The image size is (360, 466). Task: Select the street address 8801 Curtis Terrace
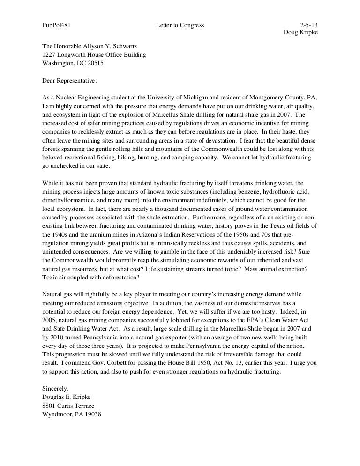point(68,406)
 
